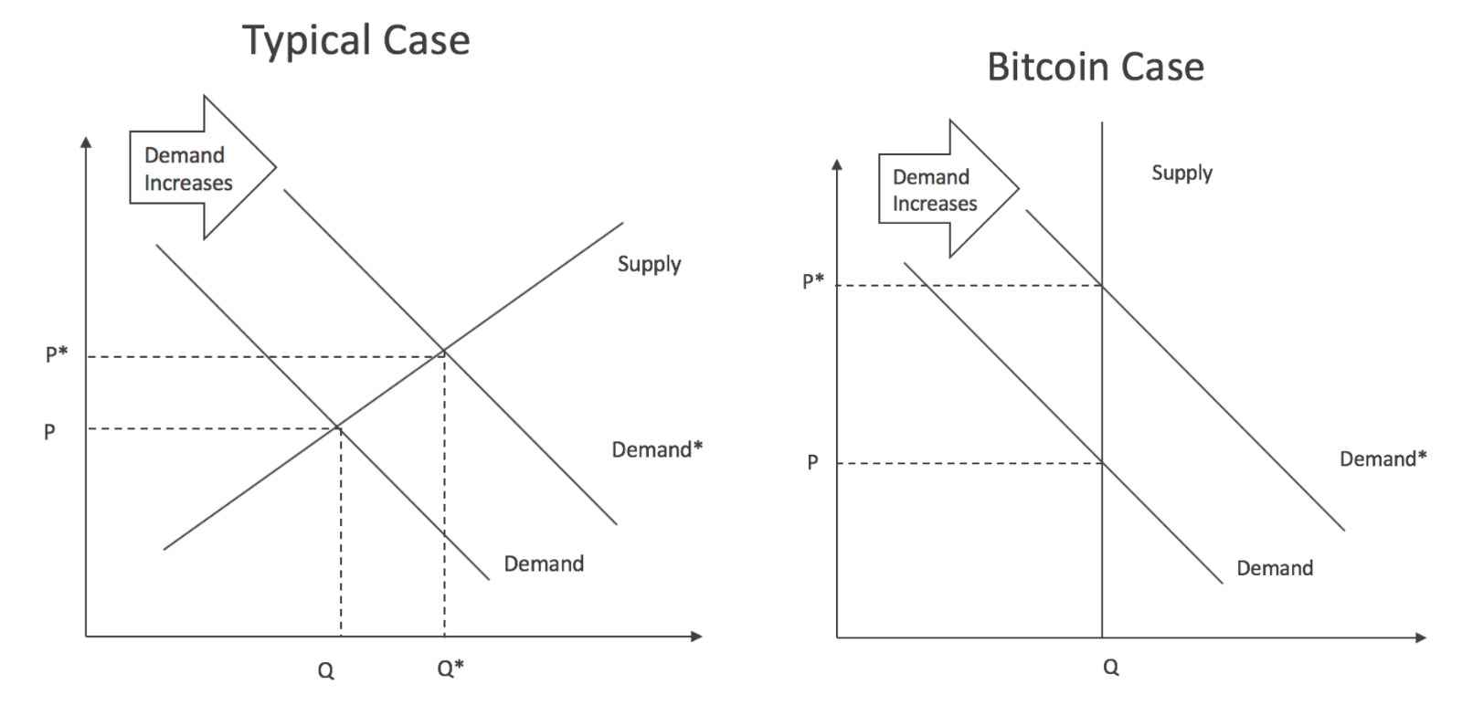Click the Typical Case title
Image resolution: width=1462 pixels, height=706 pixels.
point(355,41)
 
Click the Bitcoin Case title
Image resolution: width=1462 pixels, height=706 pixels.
point(1095,68)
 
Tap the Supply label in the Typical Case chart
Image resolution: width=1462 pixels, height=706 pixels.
point(649,264)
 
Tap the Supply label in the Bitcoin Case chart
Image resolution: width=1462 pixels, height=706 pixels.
point(1181,173)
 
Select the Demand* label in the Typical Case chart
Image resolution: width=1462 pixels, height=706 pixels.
point(657,449)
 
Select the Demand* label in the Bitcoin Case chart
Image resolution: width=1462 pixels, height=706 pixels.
point(1383,458)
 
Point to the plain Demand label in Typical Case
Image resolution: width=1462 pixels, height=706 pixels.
point(544,564)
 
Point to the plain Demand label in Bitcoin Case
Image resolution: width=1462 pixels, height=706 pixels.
point(1275,568)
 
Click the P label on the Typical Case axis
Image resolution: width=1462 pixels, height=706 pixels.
point(49,432)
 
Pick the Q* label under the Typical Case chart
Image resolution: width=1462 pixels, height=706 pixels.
point(450,669)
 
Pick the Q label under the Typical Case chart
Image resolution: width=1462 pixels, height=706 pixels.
point(325,671)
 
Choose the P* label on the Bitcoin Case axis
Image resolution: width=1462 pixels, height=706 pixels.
point(812,280)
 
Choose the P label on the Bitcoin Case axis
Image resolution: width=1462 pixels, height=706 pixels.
point(812,463)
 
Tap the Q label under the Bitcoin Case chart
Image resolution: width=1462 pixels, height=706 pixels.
point(1110,668)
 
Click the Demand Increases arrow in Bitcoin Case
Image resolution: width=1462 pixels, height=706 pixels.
point(941,190)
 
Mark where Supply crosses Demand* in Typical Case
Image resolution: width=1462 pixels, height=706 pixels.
point(444,352)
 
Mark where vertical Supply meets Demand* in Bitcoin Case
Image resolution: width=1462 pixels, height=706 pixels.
point(1102,286)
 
